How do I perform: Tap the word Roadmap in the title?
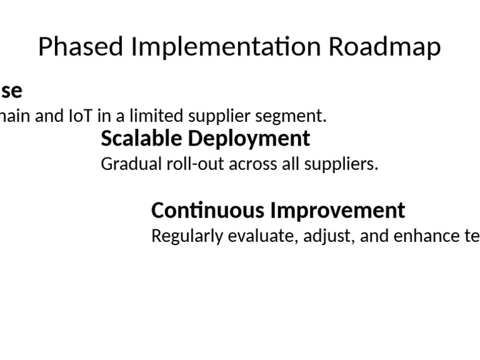[x=385, y=47]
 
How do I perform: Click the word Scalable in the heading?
[x=141, y=138]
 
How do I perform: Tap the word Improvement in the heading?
[x=337, y=210]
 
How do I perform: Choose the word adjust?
[x=324, y=236]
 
